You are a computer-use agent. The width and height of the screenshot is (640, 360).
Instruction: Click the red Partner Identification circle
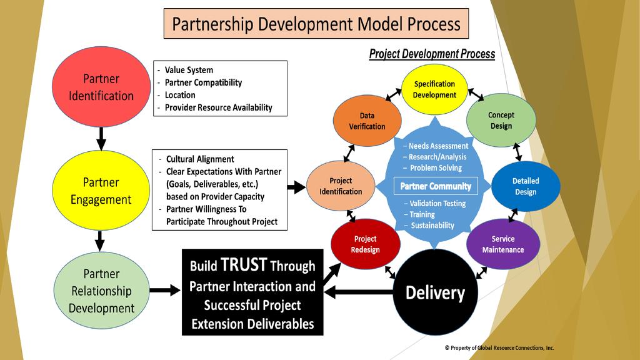[101, 87]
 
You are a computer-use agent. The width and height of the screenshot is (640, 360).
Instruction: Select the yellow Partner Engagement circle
[101, 191]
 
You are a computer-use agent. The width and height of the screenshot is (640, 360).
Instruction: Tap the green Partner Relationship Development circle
[101, 291]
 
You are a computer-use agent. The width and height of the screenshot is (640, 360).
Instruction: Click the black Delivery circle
[435, 292]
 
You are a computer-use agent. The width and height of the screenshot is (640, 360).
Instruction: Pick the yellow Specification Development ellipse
[434, 89]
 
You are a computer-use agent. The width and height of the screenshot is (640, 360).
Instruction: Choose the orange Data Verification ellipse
[367, 121]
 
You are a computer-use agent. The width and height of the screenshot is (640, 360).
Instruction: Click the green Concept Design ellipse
[501, 120]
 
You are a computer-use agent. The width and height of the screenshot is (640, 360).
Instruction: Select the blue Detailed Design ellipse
[526, 186]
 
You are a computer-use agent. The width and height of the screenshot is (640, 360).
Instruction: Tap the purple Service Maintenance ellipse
[503, 244]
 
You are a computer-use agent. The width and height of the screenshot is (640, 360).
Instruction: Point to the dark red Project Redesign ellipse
[366, 244]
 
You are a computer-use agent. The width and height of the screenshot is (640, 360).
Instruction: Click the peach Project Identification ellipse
[341, 186]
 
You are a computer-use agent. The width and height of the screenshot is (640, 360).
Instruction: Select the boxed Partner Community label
[436, 186]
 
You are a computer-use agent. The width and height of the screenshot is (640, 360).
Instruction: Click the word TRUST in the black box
[244, 266]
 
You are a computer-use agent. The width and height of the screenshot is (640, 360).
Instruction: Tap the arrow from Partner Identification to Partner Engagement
[101, 137]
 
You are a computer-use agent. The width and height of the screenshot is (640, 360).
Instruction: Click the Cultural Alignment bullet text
[200, 159]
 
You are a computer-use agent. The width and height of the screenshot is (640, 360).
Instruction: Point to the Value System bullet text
[189, 70]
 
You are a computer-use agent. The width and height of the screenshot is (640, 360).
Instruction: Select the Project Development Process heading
[432, 54]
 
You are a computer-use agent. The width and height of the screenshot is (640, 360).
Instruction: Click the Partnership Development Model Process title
[316, 24]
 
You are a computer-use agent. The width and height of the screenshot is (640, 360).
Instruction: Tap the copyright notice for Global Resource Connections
[499, 348]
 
